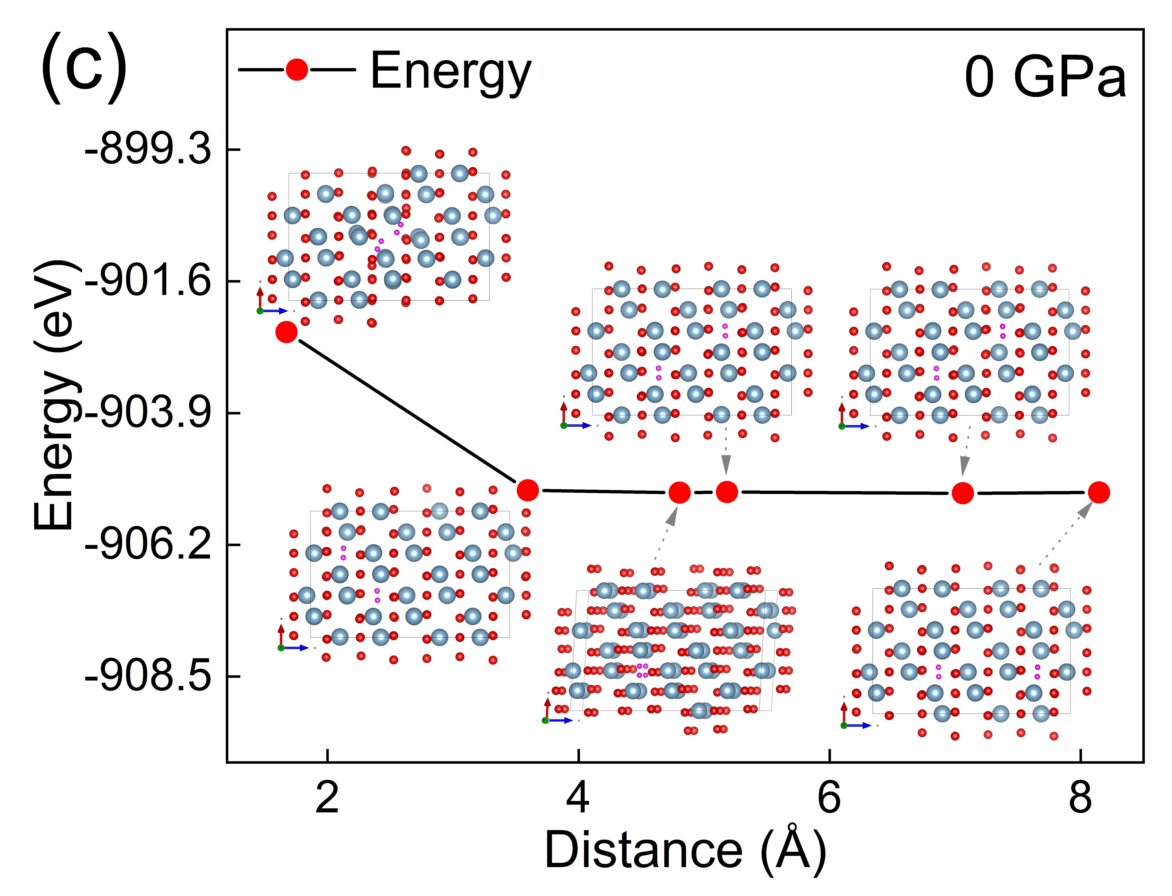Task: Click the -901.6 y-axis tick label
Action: pos(148,281)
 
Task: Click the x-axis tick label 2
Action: pos(327,798)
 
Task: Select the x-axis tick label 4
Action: pos(578,798)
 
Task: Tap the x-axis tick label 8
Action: pos(1080,798)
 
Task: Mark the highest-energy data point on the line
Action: pos(287,332)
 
